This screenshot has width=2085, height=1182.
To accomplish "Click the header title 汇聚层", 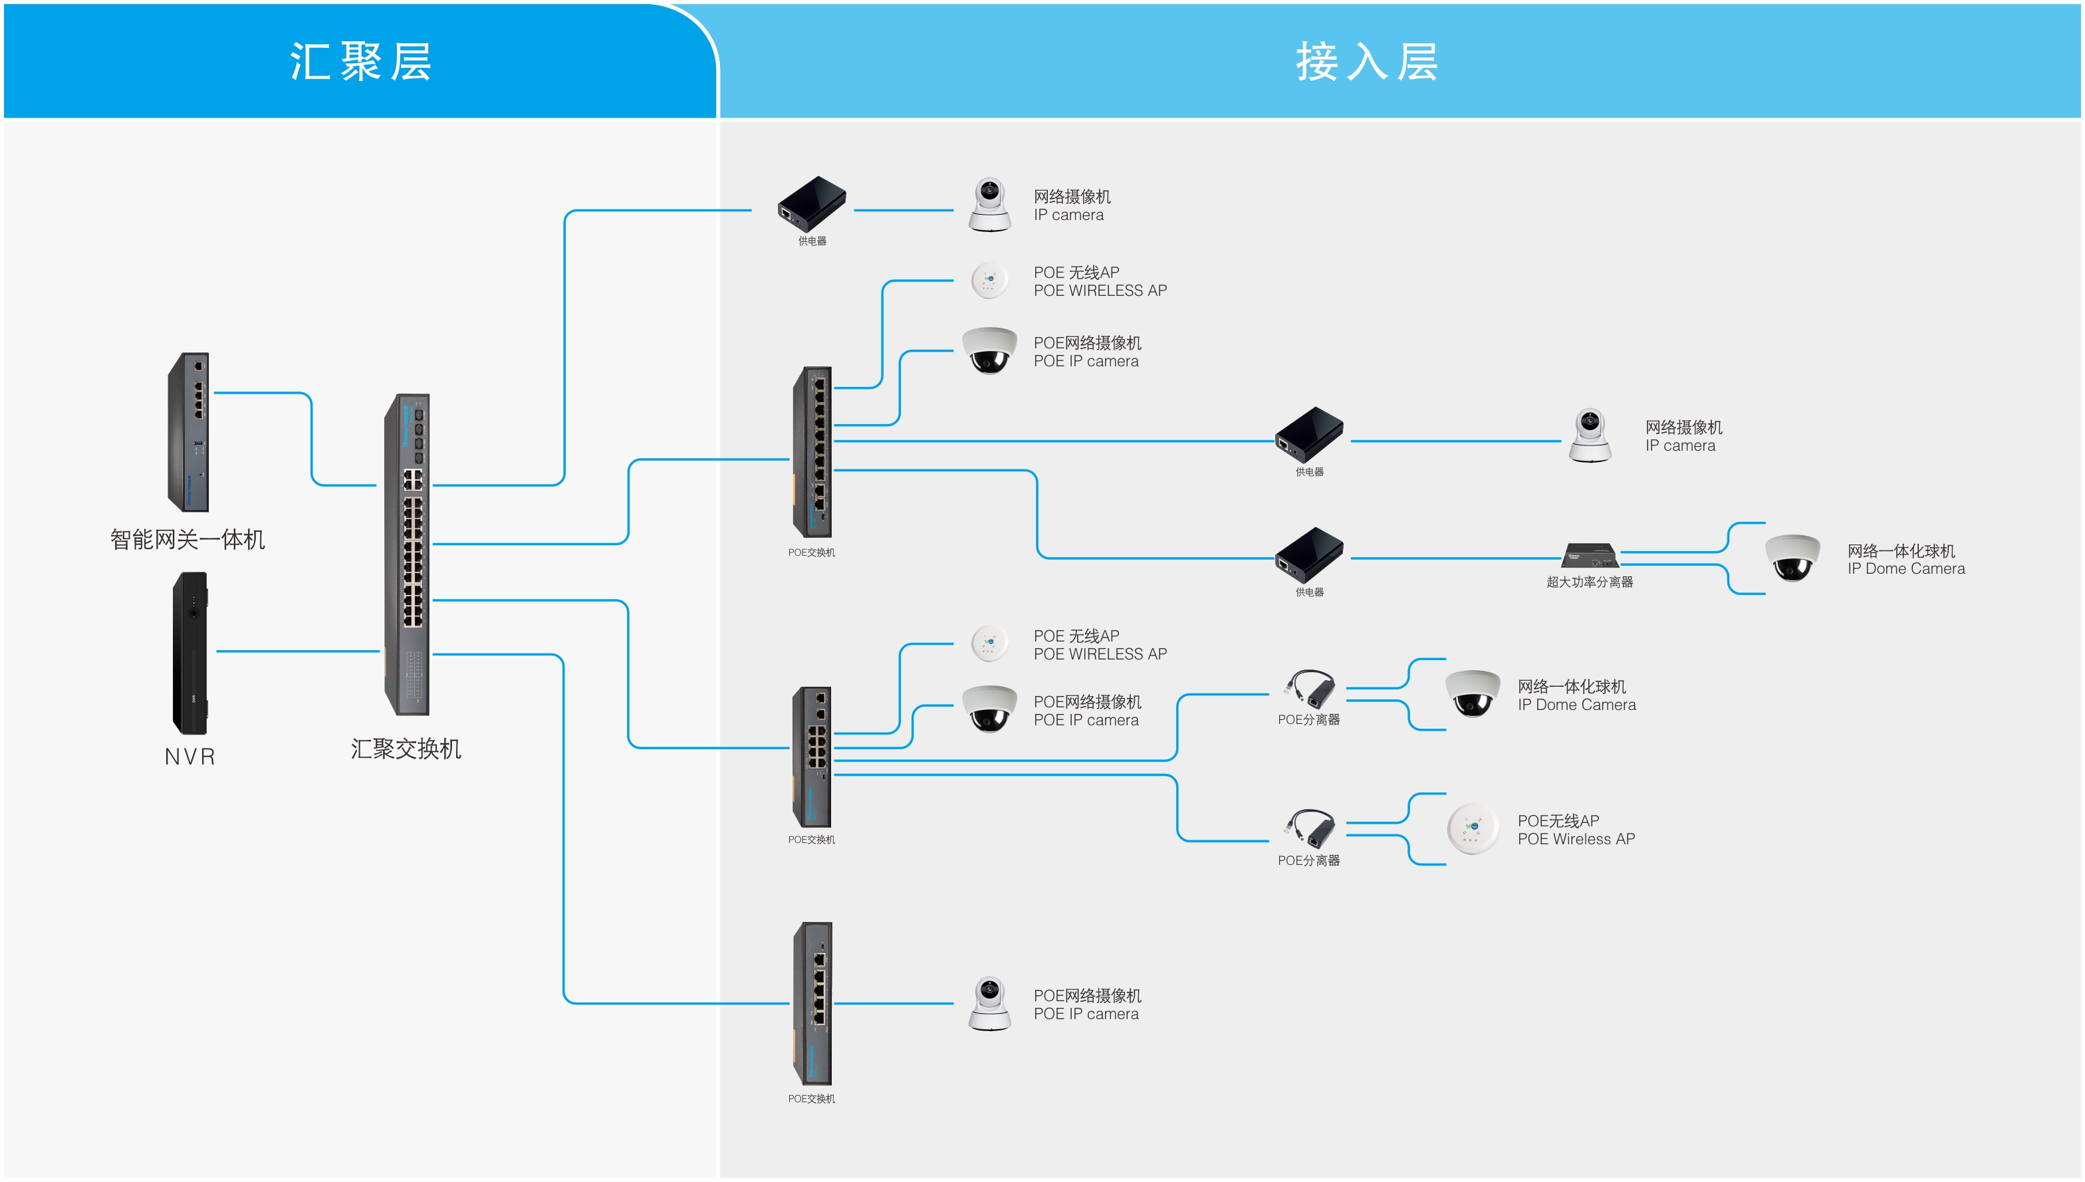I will point(360,62).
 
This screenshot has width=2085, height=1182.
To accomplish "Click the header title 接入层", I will point(1366,62).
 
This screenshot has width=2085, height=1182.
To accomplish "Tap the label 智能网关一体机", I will point(187,539).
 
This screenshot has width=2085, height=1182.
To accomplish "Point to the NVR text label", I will point(190,757).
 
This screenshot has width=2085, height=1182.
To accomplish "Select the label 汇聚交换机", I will point(406,749).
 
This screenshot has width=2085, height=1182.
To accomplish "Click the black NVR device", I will point(191,653).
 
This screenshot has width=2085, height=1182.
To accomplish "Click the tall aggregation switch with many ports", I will point(408,554).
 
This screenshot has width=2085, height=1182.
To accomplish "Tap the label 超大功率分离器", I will point(1589,582).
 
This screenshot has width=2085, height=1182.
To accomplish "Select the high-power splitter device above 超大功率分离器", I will point(1590,555).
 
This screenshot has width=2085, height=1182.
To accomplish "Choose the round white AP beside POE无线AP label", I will point(1472,829).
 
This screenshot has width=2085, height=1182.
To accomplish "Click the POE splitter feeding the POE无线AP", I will point(1310,829).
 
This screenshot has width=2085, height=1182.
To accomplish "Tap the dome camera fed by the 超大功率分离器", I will point(1792,558).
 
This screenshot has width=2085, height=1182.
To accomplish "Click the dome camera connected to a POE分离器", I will point(1472,693).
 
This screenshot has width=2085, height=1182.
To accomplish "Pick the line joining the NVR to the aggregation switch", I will point(297,651).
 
